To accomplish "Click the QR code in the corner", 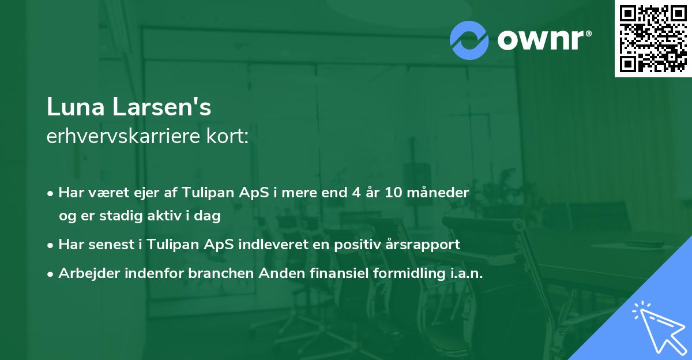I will click(x=653, y=39).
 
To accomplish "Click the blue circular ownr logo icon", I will click(x=469, y=40).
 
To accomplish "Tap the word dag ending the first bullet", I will click(x=209, y=216).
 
